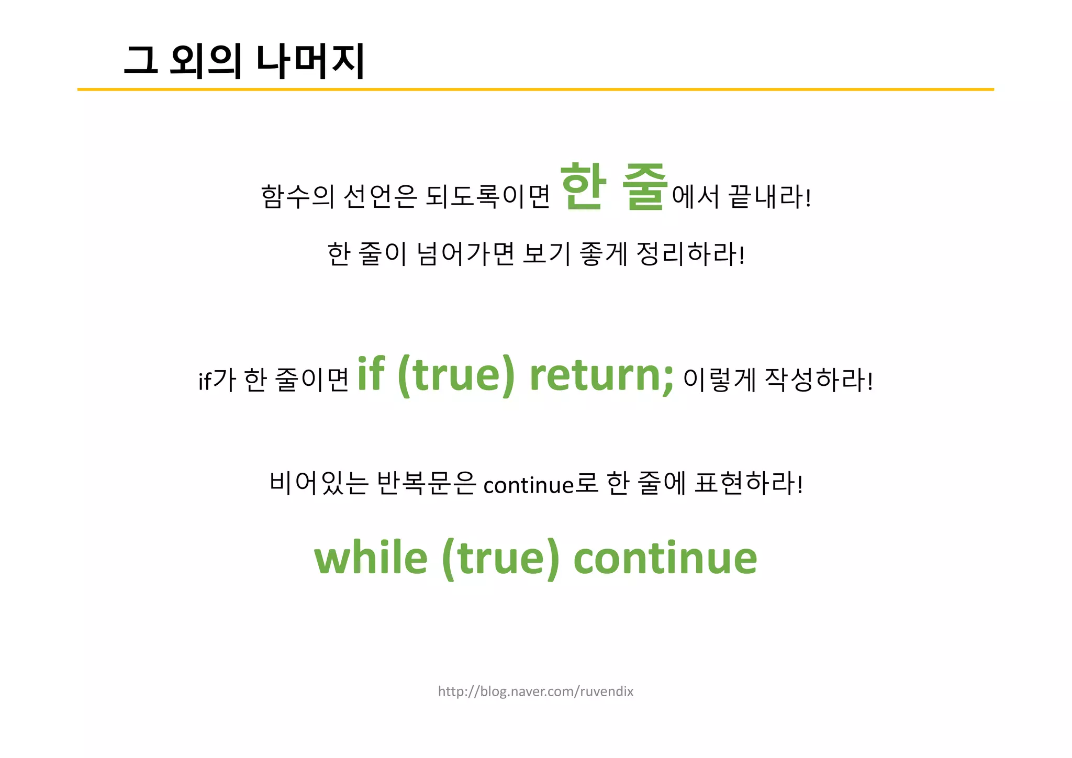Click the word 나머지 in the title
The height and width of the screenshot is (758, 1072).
310,61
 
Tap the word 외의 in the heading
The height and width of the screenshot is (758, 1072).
206,61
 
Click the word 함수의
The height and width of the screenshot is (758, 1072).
297,197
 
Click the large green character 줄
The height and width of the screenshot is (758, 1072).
645,187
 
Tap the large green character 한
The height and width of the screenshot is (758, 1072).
583,187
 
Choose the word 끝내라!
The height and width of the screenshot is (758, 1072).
770,197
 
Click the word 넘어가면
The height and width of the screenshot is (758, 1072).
466,254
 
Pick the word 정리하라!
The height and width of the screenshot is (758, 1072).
690,254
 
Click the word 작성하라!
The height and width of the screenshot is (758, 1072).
819,380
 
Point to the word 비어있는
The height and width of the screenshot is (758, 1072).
319,483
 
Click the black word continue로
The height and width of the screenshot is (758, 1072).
541,484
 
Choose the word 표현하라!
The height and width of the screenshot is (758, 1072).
749,483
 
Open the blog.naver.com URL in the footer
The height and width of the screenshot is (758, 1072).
535,692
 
